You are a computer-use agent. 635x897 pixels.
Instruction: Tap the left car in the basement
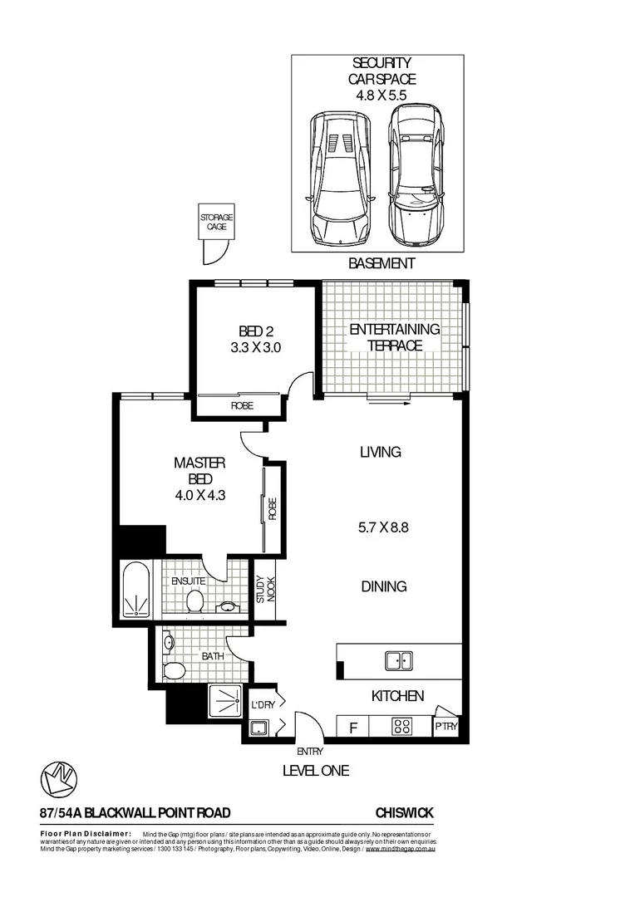[x=341, y=178]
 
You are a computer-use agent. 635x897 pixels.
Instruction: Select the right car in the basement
[x=416, y=178]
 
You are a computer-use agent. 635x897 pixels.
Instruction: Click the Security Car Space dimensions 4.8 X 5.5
[x=383, y=96]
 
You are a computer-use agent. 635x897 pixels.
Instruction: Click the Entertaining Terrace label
[x=394, y=337]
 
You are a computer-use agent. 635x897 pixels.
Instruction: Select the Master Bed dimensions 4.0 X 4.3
[x=200, y=495]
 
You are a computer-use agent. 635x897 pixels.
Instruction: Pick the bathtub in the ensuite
[x=135, y=591]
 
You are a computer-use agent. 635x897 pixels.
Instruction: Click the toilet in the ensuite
[x=195, y=600]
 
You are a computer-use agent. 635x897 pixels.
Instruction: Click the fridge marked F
[x=352, y=728]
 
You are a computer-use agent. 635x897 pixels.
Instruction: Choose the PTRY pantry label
[x=445, y=728]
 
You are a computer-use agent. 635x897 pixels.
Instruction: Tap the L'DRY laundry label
[x=263, y=706]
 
